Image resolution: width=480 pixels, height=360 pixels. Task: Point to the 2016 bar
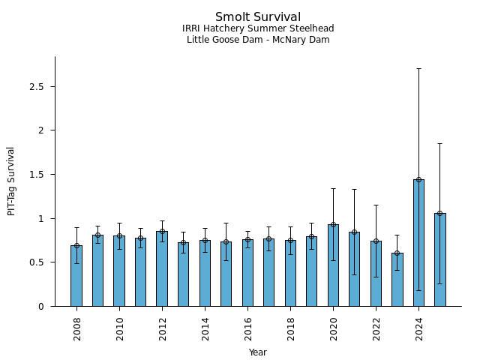(x=247, y=273)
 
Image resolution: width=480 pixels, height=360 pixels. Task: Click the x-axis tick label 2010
(x=119, y=328)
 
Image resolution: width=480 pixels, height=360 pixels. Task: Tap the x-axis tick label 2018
(x=290, y=328)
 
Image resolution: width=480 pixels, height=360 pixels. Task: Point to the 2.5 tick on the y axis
(x=43, y=87)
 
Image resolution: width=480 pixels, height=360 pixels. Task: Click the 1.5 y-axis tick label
(x=43, y=175)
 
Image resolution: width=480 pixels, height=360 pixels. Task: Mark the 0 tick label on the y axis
(x=47, y=307)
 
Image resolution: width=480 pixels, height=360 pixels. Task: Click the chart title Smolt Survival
(x=258, y=17)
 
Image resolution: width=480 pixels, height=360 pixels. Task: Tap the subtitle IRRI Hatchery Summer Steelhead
(x=258, y=29)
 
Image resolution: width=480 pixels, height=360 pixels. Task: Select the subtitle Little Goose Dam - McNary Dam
(x=258, y=40)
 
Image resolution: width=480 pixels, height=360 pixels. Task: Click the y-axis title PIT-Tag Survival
(x=11, y=181)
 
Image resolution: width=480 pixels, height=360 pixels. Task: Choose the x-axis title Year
(x=258, y=352)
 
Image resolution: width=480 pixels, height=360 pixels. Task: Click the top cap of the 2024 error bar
(x=418, y=68)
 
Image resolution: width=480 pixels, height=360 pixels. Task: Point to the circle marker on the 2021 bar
(x=354, y=232)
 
